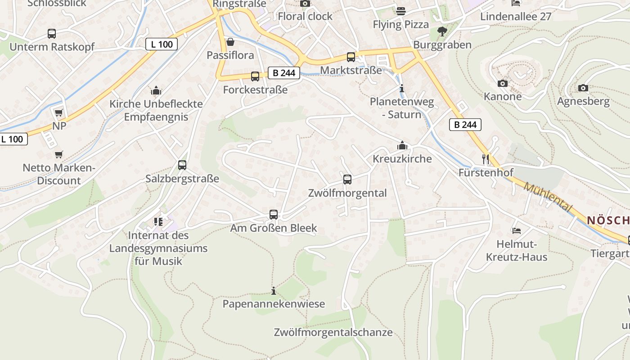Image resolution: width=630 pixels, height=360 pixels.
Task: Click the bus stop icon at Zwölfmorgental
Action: tap(347, 180)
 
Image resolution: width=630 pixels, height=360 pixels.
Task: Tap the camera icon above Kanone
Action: tap(503, 83)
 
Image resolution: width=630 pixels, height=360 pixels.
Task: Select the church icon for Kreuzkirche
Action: tap(402, 145)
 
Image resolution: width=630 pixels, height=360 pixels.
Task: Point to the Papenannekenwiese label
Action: tap(274, 304)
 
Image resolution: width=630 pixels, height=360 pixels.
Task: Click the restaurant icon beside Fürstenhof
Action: tap(486, 159)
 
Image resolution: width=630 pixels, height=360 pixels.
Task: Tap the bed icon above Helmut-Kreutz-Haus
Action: tap(516, 231)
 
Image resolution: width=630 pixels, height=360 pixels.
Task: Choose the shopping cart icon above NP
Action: tap(58, 112)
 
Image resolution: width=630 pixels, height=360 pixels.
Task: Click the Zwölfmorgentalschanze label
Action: tap(333, 333)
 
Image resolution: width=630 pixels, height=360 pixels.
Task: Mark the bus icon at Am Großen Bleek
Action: tap(274, 215)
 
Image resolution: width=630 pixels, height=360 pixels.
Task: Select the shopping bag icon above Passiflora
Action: tap(230, 42)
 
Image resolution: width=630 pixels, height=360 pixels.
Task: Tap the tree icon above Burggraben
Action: tap(442, 31)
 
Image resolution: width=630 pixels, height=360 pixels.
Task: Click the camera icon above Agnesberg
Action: tap(583, 88)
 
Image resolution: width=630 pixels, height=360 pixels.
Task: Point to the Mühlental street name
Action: tap(548, 198)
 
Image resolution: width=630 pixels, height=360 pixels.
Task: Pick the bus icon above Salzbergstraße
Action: tap(182, 165)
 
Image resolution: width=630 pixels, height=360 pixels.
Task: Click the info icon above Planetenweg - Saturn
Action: tap(402, 88)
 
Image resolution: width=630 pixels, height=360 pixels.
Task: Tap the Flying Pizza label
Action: tap(400, 24)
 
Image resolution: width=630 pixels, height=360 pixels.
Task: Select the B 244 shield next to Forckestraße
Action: tap(284, 73)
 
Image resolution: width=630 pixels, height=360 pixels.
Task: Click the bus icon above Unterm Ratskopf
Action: tap(52, 34)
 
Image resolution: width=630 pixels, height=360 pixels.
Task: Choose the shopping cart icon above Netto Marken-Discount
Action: tap(58, 155)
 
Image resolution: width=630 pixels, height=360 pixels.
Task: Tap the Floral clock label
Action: tap(305, 16)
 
